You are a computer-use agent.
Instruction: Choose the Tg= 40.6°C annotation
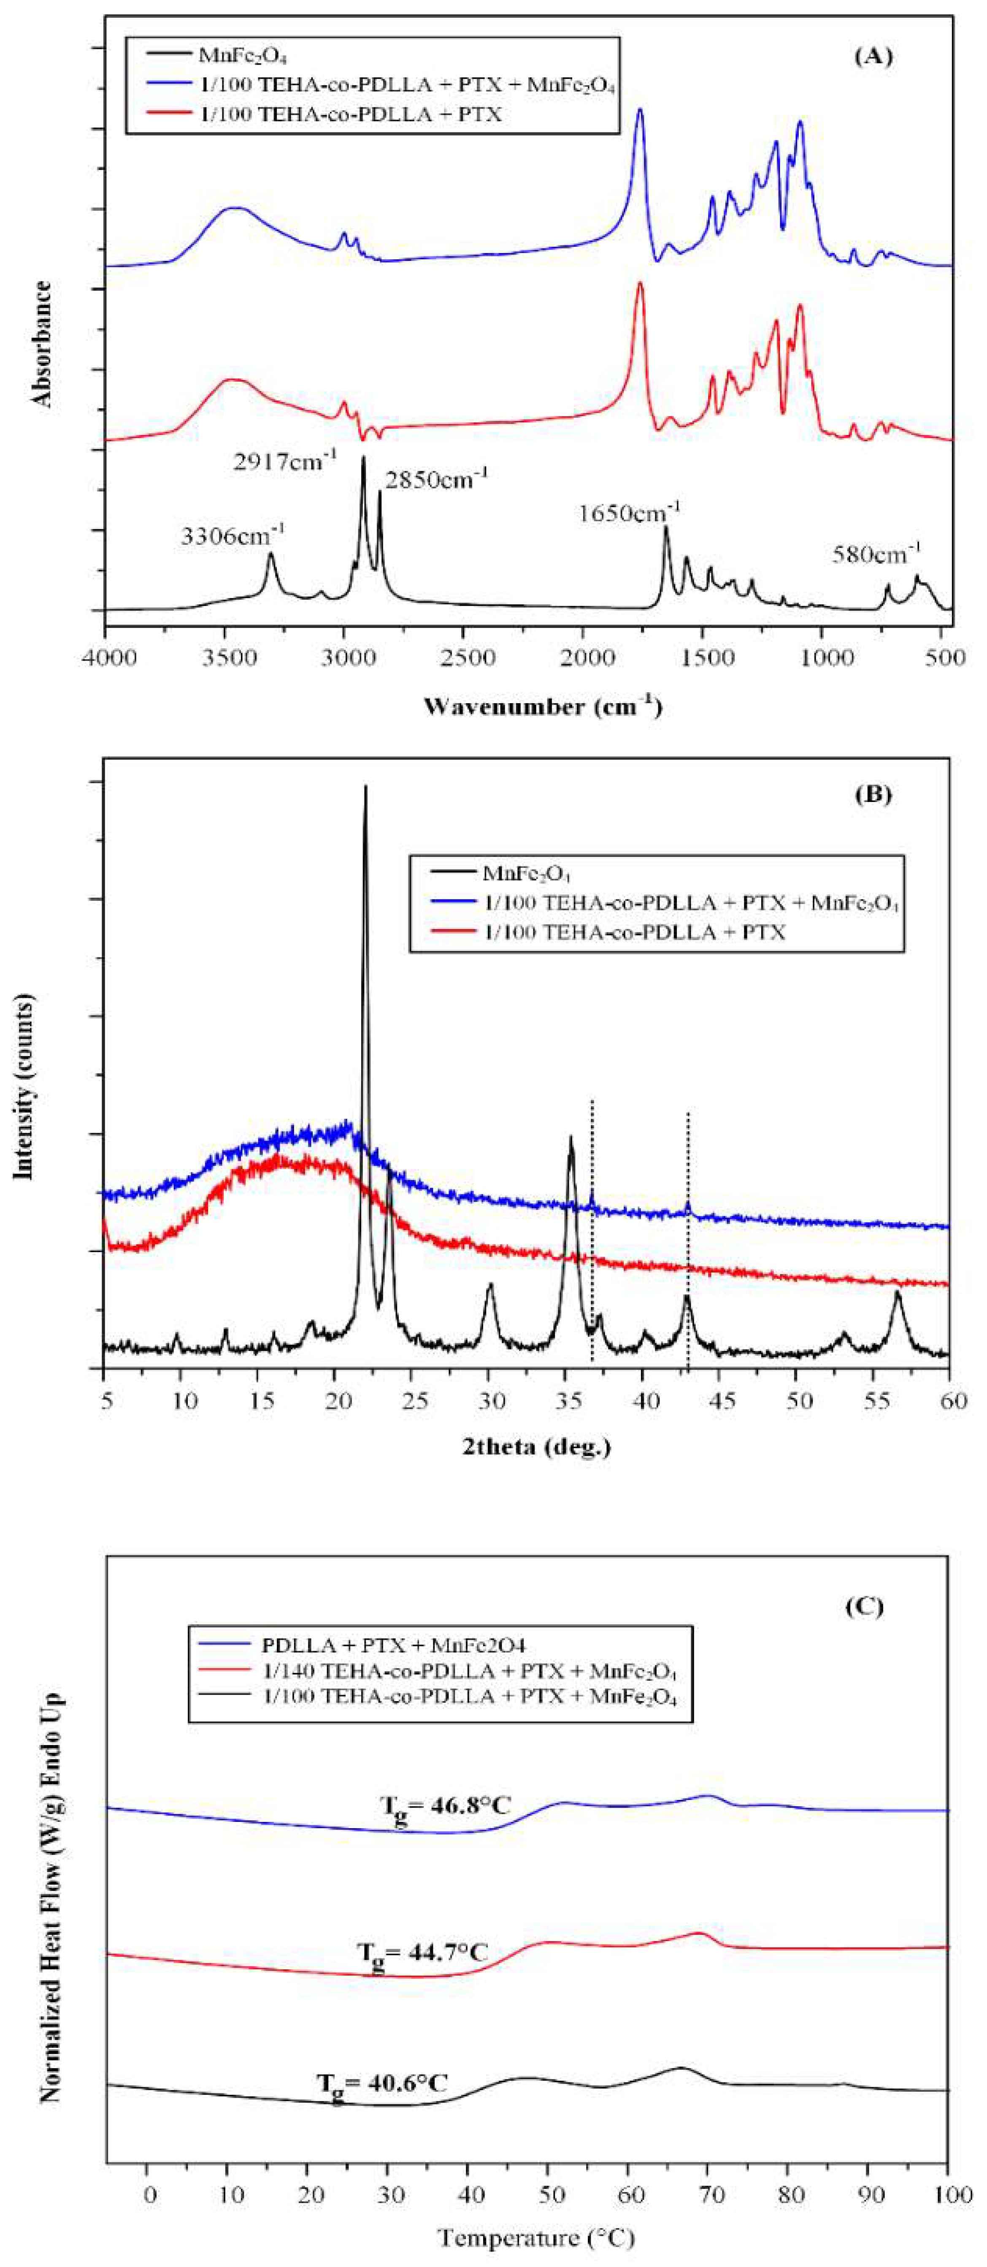coord(382,2083)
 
